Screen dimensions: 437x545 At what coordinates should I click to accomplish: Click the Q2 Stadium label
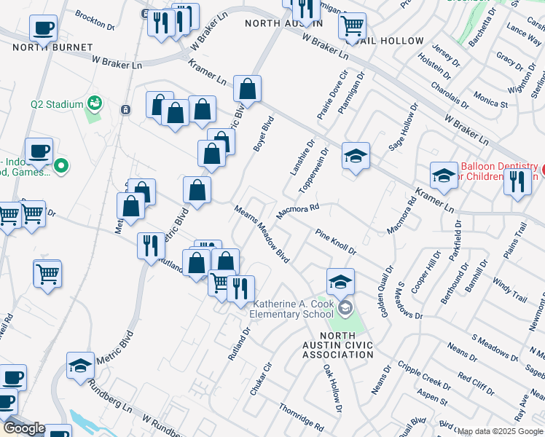tap(57, 104)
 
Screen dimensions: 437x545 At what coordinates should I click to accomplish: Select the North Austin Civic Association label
tap(337, 345)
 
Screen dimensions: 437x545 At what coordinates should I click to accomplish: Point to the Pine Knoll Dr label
tap(335, 243)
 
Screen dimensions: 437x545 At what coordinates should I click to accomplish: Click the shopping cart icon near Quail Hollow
tap(353, 27)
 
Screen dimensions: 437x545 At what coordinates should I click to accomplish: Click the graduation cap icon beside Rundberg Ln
tap(80, 365)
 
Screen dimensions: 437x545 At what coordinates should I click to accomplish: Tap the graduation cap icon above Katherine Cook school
tap(340, 280)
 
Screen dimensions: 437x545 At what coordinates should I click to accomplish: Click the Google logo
tap(23, 428)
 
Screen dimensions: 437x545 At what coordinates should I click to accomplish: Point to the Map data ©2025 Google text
tap(500, 432)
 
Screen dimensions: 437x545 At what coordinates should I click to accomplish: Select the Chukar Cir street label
tap(261, 379)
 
